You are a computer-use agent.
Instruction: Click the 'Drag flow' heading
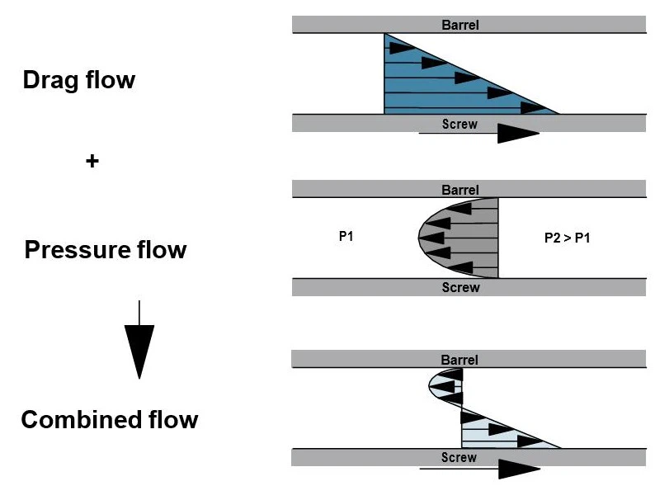pyautogui.click(x=79, y=81)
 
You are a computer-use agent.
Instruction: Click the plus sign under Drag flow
pyautogui.click(x=92, y=162)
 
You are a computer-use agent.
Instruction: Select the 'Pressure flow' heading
pyautogui.click(x=106, y=249)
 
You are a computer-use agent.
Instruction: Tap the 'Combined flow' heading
pyautogui.click(x=110, y=419)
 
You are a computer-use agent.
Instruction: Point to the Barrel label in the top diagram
pyautogui.click(x=460, y=25)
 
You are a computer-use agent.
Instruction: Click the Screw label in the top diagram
pyautogui.click(x=460, y=125)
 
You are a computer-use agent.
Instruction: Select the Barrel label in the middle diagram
pyautogui.click(x=460, y=191)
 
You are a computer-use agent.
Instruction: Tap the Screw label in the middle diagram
pyautogui.click(x=460, y=287)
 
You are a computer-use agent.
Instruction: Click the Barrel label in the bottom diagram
pyautogui.click(x=460, y=360)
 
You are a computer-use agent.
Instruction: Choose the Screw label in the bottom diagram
pyautogui.click(x=459, y=457)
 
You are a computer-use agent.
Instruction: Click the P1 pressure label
pyautogui.click(x=346, y=237)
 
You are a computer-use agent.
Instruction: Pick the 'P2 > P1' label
pyautogui.click(x=568, y=238)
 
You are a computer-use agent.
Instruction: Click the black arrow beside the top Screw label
pyautogui.click(x=518, y=134)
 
